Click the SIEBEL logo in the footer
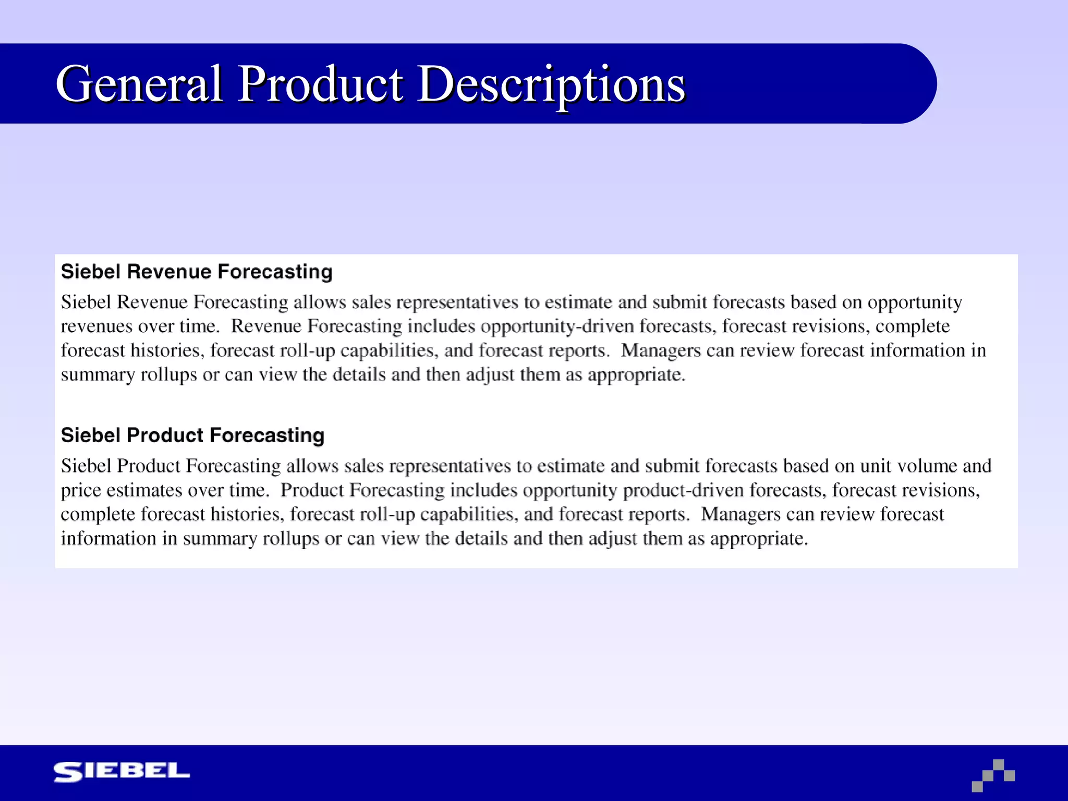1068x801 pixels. point(122,772)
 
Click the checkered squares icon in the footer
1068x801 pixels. point(993,775)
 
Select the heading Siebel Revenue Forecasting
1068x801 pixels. point(197,272)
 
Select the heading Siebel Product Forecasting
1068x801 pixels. point(192,435)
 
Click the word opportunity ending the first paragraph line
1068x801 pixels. point(915,303)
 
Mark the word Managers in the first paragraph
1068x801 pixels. point(661,351)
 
